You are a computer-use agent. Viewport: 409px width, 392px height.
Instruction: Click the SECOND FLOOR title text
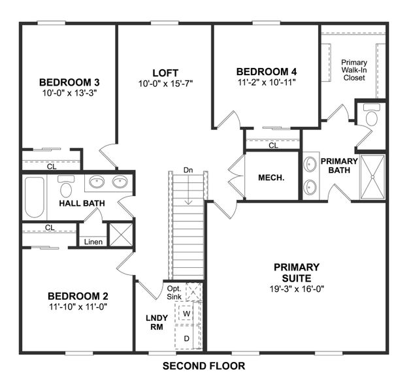tap(204, 366)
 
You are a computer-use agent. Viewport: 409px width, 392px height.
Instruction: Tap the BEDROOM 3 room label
tap(69, 82)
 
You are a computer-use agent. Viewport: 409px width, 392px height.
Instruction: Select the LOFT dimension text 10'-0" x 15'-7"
tap(165, 84)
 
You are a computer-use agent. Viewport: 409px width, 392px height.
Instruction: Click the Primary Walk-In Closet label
tap(353, 70)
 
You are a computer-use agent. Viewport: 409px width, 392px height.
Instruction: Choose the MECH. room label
tap(270, 177)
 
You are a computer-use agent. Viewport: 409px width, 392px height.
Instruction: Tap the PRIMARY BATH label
tap(339, 166)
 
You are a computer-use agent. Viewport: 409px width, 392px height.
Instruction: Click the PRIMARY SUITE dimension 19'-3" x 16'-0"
tap(296, 289)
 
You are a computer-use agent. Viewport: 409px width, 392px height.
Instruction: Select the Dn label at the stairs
tap(188, 171)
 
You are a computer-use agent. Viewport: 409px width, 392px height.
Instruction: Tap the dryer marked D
tap(186, 338)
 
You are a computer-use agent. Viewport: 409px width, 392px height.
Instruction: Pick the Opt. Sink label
tap(174, 293)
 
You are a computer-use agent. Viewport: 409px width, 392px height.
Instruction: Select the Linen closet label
tap(93, 242)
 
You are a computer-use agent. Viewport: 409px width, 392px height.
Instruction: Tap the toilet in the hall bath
tap(66, 188)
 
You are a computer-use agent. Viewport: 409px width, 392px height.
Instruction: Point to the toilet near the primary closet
tap(372, 116)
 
